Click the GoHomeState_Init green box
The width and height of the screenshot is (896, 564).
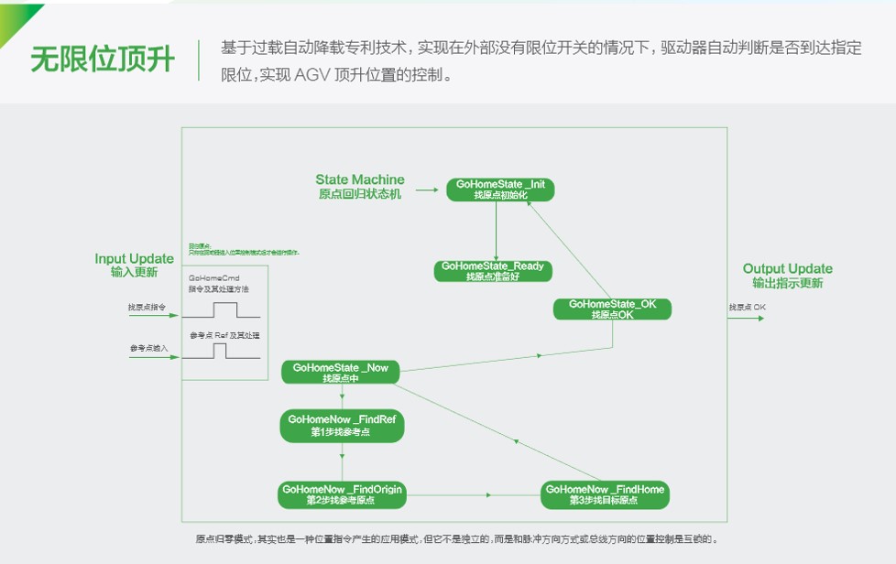pyautogui.click(x=499, y=189)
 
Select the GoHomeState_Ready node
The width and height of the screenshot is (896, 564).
pyautogui.click(x=492, y=271)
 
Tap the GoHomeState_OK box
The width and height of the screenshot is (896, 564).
pyautogui.click(x=612, y=309)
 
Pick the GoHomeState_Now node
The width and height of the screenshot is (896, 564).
pyautogui.click(x=341, y=372)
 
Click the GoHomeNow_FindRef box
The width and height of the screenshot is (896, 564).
pyautogui.click(x=341, y=426)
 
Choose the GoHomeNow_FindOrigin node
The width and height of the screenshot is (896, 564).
pyautogui.click(x=341, y=494)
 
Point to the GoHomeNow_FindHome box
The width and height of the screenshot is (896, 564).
pyautogui.click(x=605, y=494)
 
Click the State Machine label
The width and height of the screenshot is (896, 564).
pyautogui.click(x=359, y=186)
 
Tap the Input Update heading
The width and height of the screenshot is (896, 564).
pyautogui.click(x=134, y=265)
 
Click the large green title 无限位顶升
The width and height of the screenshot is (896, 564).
pyautogui.click(x=102, y=60)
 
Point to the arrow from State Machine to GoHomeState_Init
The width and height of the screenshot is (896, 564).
pyautogui.click(x=427, y=190)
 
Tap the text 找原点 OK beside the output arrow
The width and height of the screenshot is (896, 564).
pyautogui.click(x=747, y=307)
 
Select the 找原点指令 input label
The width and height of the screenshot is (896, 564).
pyautogui.click(x=146, y=307)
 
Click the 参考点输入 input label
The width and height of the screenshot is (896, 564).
pyautogui.click(x=146, y=349)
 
